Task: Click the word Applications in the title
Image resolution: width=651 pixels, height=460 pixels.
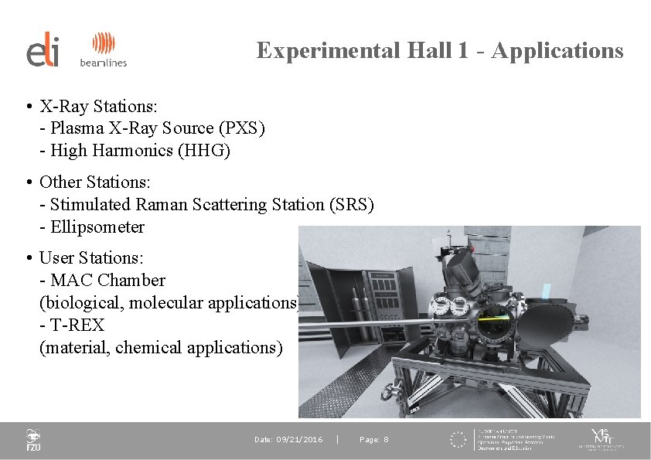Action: click(557, 50)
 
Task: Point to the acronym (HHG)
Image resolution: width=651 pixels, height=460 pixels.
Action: click(204, 151)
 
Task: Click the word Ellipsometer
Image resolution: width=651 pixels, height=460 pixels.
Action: click(97, 227)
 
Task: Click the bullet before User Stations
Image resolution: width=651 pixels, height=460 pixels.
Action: click(28, 257)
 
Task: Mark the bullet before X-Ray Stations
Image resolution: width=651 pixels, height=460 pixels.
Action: click(28, 106)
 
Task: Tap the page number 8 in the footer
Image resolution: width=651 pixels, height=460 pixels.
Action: click(386, 440)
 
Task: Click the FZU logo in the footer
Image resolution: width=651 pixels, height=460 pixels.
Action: click(33, 440)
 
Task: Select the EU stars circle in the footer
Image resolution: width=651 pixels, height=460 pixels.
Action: click(459, 440)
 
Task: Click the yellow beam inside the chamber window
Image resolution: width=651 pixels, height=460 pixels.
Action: click(496, 318)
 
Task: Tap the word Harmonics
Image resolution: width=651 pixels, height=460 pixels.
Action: click(137, 151)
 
